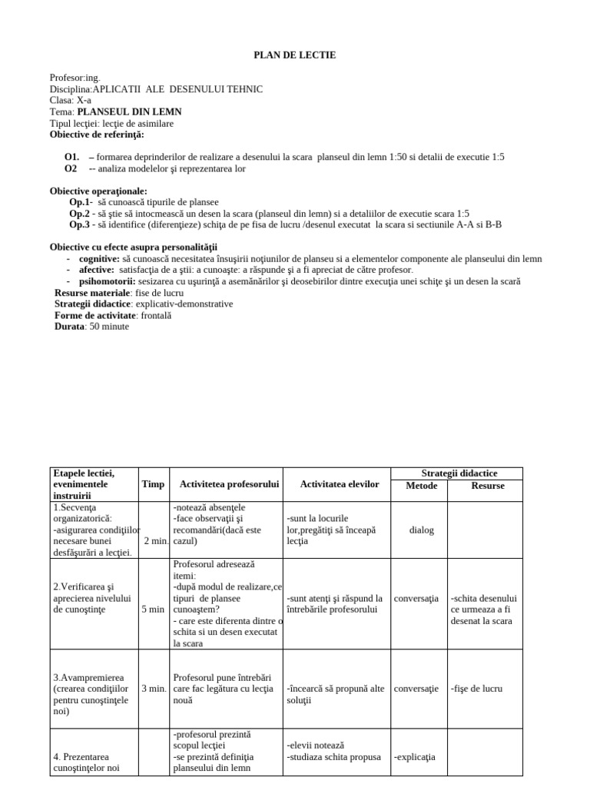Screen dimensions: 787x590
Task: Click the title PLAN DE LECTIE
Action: pyautogui.click(x=295, y=55)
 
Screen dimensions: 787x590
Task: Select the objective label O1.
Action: pyautogui.click(x=71, y=158)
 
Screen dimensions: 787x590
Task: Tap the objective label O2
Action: pyautogui.click(x=71, y=168)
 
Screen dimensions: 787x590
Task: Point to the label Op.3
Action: pyautogui.click(x=80, y=224)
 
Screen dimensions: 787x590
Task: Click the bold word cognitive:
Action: pyautogui.click(x=99, y=259)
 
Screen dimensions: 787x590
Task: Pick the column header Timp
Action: pyautogui.click(x=153, y=485)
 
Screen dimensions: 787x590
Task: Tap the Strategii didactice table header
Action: pyautogui.click(x=459, y=473)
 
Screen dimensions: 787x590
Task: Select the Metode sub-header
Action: pyautogui.click(x=421, y=486)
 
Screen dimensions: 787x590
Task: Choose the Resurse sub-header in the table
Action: pyautogui.click(x=488, y=486)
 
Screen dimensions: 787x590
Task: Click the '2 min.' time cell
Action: pyautogui.click(x=155, y=541)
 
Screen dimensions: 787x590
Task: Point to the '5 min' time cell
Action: pyautogui.click(x=153, y=609)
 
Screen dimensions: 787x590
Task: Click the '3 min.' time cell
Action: pyautogui.click(x=154, y=689)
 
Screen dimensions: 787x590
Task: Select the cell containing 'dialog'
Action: pyautogui.click(x=421, y=530)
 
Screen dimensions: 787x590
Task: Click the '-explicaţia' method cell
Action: pyautogui.click(x=415, y=757)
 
